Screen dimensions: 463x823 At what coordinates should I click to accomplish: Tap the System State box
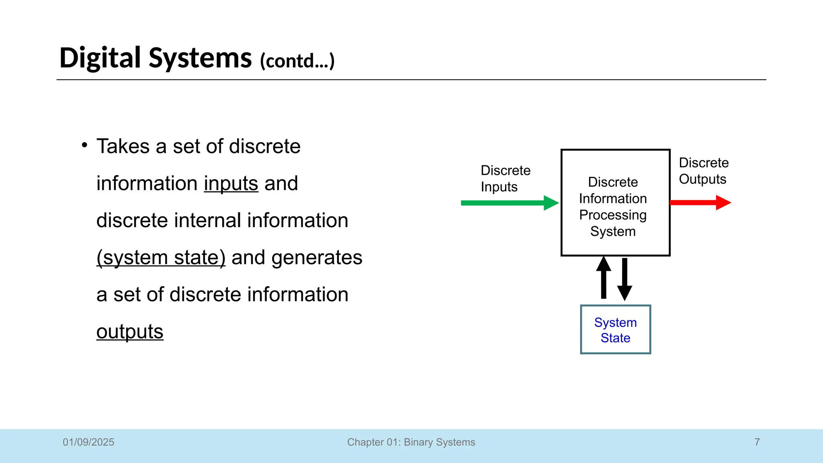[x=615, y=330]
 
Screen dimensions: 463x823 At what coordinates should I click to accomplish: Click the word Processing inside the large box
[x=613, y=215]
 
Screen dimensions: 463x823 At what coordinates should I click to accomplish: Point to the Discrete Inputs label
[x=505, y=178]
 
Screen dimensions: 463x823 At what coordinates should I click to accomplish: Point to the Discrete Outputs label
[x=703, y=171]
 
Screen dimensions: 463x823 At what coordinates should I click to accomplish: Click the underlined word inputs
[x=231, y=183]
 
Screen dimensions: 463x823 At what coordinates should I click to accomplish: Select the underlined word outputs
[x=130, y=332]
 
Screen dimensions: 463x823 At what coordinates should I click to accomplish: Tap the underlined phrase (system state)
[x=161, y=257]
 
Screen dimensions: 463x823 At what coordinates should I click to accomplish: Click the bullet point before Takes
[x=84, y=145]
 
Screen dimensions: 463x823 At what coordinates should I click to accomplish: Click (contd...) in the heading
[x=297, y=61]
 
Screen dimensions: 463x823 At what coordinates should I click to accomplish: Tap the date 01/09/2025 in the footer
[x=88, y=442]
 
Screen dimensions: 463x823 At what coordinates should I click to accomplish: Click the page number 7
[x=757, y=442]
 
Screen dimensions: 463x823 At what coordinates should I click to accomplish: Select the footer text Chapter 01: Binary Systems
[x=411, y=442]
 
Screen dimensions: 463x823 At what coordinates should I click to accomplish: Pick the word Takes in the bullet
[x=123, y=146]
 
